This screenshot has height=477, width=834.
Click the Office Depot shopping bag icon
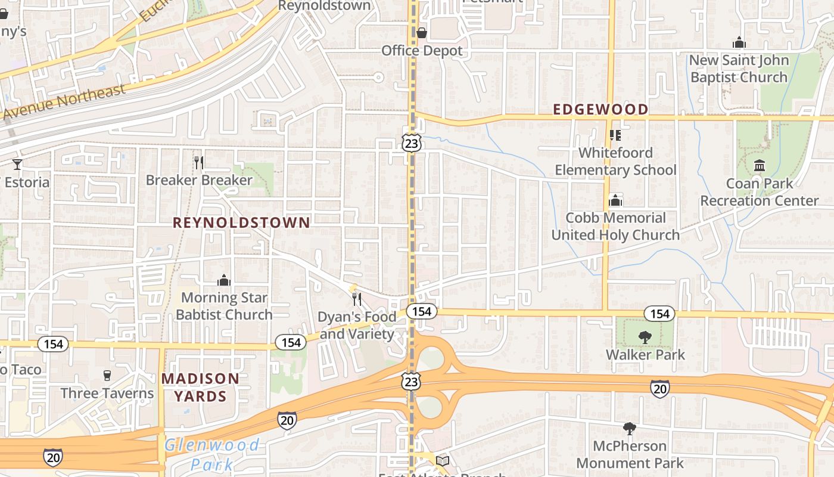pos(421,33)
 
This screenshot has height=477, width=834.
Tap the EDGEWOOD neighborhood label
pos(600,109)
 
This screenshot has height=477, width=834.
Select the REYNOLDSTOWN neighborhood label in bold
pos(241,223)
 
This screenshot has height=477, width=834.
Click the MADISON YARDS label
pos(200,387)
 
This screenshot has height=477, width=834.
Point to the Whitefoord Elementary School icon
pos(615,135)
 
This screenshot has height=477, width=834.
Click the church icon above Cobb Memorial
pos(615,200)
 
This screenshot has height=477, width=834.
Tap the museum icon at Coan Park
pos(760,165)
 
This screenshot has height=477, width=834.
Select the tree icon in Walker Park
pos(645,337)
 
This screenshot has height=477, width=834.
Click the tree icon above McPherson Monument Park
pos(629,428)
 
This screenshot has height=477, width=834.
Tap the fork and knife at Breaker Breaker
pos(199,162)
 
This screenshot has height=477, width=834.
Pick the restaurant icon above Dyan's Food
pos(357,299)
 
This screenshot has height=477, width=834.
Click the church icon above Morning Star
pos(224,280)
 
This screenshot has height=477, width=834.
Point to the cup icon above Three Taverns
pos(107,375)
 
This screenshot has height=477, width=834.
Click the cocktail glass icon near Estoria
pos(17,164)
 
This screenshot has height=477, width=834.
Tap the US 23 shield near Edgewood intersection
pos(411,143)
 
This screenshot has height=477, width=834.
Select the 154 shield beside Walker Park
pos(659,314)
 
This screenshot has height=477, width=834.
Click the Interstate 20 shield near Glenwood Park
pos(287,420)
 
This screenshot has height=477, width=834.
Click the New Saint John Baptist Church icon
pos(739,42)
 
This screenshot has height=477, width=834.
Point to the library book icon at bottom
pos(442,461)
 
